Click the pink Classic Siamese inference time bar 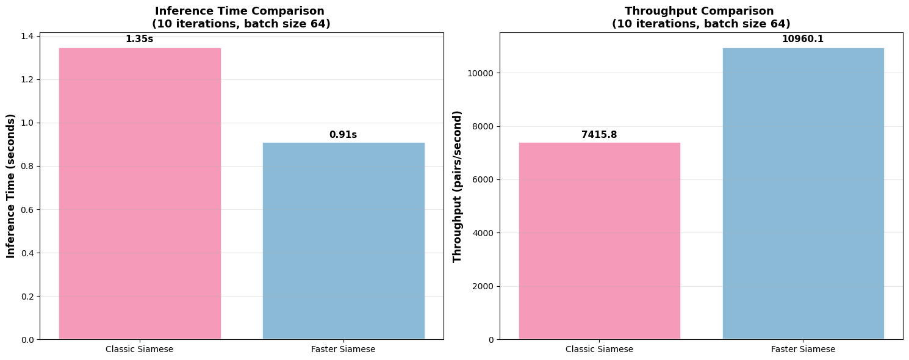pos(140,193)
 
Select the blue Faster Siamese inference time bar pos(343,241)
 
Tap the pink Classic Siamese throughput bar pos(599,241)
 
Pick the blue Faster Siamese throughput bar pos(803,193)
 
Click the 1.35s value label pos(139,39)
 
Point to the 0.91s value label pos(343,135)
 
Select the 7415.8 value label pos(599,135)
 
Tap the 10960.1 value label pos(803,39)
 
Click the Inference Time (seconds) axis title pos(11,185)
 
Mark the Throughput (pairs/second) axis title pos(458,186)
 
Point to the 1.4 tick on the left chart pos(28,37)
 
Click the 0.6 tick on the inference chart pos(28,210)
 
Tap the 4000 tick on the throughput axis pos(484,233)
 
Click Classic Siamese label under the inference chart pos(140,350)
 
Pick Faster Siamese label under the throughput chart pos(803,350)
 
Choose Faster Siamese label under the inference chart pos(343,350)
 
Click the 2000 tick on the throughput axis pos(484,287)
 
